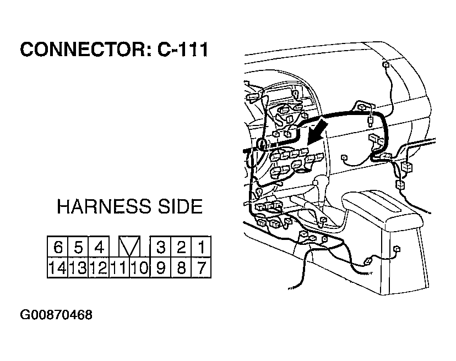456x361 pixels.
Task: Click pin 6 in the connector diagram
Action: pyautogui.click(x=58, y=247)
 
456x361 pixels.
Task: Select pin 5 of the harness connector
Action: pyautogui.click(x=78, y=247)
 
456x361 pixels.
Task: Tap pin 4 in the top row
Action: pyautogui.click(x=99, y=247)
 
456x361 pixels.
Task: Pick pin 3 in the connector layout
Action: pyautogui.click(x=160, y=247)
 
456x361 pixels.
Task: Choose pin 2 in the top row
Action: pyautogui.click(x=181, y=247)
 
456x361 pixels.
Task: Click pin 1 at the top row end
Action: pyautogui.click(x=201, y=247)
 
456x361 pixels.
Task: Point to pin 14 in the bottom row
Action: pyautogui.click(x=58, y=267)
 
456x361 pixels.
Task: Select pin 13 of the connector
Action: pyautogui.click(x=78, y=267)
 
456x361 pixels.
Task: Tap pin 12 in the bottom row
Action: pyautogui.click(x=99, y=267)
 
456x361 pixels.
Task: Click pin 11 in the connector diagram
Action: pyautogui.click(x=120, y=267)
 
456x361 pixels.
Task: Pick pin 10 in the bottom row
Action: pyautogui.click(x=139, y=267)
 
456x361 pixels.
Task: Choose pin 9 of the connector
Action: pyautogui.click(x=160, y=267)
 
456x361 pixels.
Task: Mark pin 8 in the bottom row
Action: pyautogui.click(x=181, y=267)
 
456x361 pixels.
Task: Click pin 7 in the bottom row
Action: pyautogui.click(x=201, y=267)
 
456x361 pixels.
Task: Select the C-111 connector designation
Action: pyautogui.click(x=183, y=49)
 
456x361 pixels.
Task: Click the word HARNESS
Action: pyautogui.click(x=104, y=206)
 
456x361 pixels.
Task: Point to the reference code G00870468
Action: pyautogui.click(x=56, y=315)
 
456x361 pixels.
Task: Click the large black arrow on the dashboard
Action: pyautogui.click(x=318, y=132)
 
